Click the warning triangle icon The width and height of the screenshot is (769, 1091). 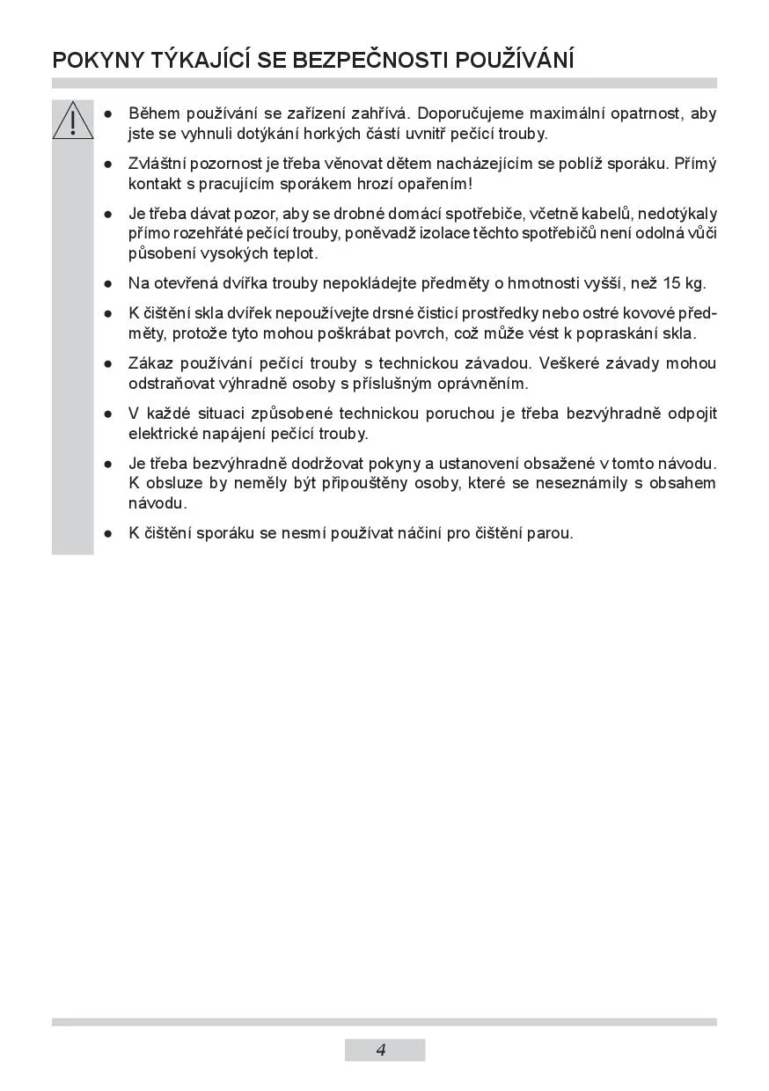point(72,121)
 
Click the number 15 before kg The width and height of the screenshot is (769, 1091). point(671,283)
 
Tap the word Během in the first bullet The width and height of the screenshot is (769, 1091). point(154,113)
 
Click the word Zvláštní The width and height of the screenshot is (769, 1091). point(159,164)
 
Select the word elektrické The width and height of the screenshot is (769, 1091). point(163,434)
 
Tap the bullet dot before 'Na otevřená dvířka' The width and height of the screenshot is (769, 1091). point(107,284)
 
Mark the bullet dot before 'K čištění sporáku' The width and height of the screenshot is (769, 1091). point(107,534)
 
